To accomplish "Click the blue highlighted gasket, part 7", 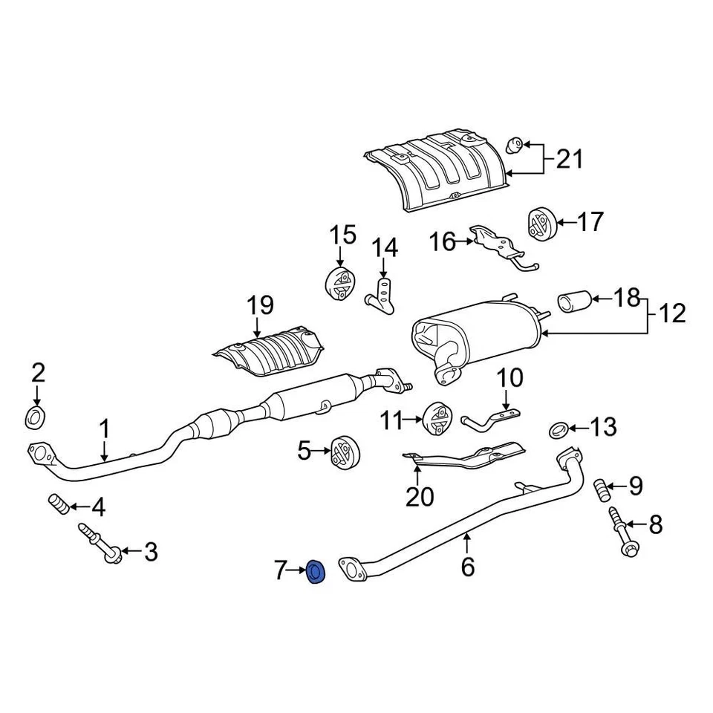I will (316, 572).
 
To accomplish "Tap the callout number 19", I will (260, 305).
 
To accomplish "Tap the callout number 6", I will (467, 567).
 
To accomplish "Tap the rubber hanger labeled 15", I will (340, 282).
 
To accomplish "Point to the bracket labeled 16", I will (501, 245).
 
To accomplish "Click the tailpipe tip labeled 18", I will (573, 302).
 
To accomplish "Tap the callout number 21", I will (570, 159).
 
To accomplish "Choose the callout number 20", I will (420, 496).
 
